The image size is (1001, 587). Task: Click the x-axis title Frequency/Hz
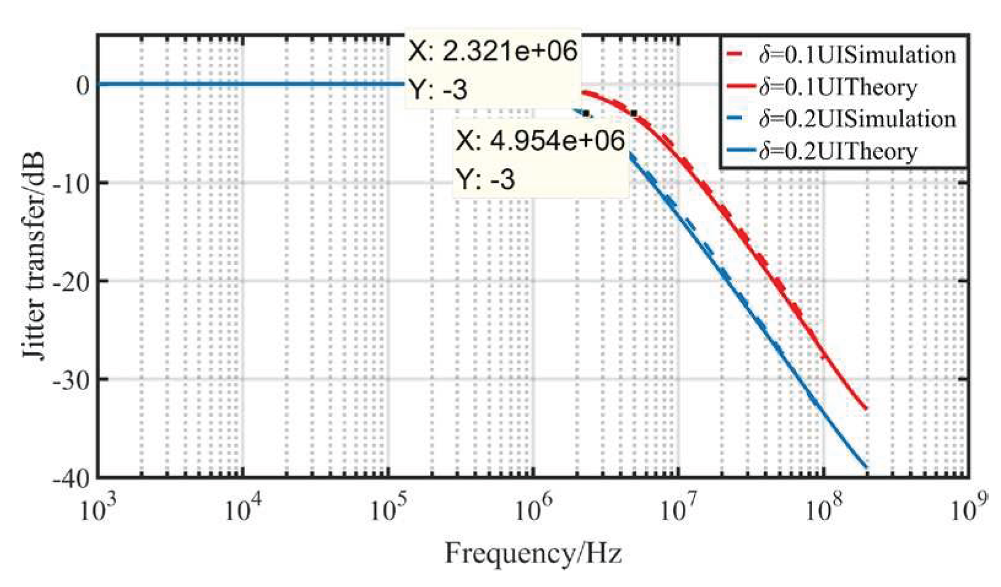click(x=533, y=553)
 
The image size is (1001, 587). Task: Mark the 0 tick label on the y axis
click(x=83, y=85)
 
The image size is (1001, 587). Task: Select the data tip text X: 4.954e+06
click(x=540, y=140)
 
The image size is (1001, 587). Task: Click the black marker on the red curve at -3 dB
click(x=634, y=113)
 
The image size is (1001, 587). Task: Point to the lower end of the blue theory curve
click(x=867, y=467)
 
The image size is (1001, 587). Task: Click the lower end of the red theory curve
click(x=867, y=409)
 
